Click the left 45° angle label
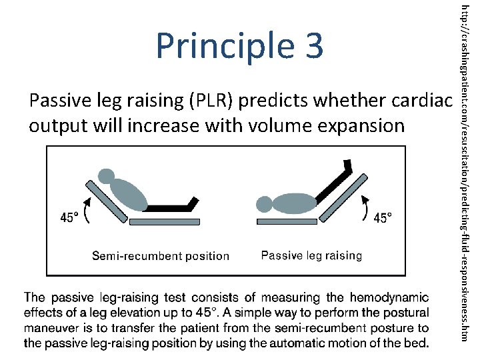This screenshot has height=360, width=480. (x=71, y=217)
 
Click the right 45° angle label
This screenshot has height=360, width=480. (x=383, y=217)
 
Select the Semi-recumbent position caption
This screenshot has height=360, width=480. (x=160, y=256)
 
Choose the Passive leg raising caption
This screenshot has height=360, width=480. (x=311, y=255)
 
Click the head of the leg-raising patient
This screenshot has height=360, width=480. (x=265, y=204)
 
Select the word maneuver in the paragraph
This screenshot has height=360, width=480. (x=52, y=328)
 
